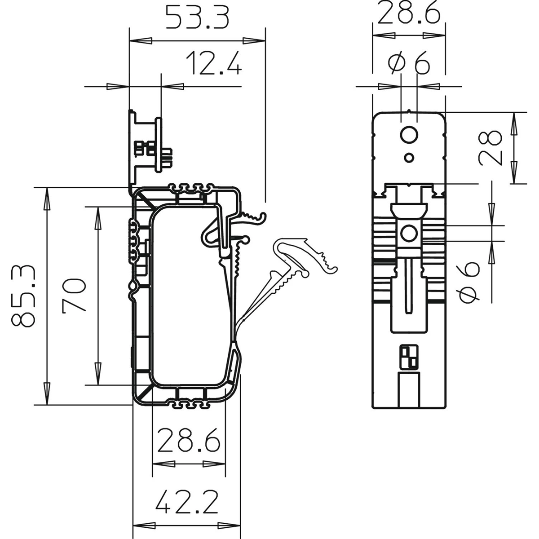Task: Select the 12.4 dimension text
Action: (214, 63)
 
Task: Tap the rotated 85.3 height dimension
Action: (23, 296)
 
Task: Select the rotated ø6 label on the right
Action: (469, 282)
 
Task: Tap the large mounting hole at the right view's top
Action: (409, 135)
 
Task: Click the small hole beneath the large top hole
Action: (409, 158)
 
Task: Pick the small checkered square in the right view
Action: (409, 357)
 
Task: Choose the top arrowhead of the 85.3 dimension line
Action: (47, 199)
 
